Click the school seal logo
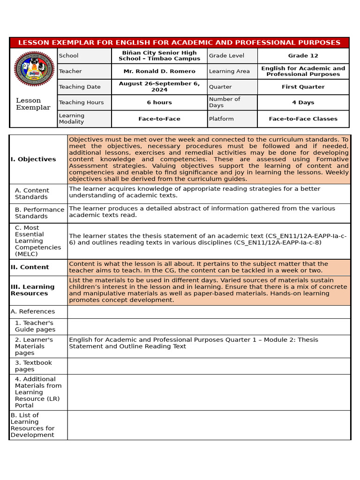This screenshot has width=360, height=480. tap(33, 68)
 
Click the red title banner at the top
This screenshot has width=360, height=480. tap(180, 43)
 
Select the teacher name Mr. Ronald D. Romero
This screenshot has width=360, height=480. tap(159, 71)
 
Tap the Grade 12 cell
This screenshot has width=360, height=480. tap(303, 56)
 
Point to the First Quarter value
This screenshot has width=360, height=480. tap(303, 87)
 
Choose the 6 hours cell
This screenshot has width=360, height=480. tap(159, 103)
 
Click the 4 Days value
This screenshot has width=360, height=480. tap(303, 103)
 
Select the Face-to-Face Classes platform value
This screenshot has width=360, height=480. tap(303, 119)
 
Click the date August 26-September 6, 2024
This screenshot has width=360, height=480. tap(159, 87)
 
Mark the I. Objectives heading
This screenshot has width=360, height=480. tap(33, 159)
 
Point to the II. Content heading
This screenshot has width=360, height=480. tap(30, 267)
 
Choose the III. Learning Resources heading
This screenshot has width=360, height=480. tap(32, 290)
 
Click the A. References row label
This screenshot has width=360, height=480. tap(33, 312)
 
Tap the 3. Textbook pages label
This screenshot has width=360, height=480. tap(33, 366)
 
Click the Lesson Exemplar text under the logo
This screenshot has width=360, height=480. tap(33, 104)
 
